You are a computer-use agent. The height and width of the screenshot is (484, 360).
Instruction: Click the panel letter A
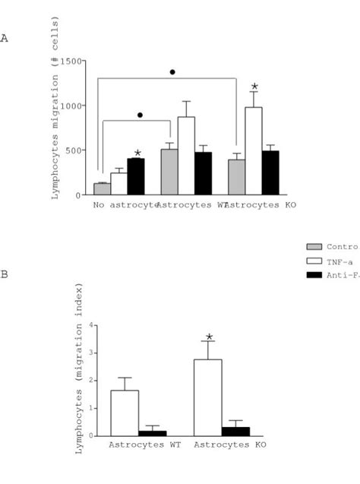click(5, 37)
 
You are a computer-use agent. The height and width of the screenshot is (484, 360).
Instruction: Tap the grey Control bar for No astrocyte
click(102, 189)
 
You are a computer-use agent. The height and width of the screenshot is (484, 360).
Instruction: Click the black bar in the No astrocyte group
click(136, 177)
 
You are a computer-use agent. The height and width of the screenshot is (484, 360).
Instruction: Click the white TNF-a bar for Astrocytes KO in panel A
click(254, 151)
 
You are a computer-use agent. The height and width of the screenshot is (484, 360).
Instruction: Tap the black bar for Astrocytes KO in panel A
click(271, 172)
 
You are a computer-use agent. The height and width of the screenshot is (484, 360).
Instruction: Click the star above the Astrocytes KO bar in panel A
click(254, 87)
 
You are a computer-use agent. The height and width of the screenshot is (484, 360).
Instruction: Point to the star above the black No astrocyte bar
click(137, 153)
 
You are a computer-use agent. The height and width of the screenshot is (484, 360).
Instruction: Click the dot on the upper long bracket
click(172, 72)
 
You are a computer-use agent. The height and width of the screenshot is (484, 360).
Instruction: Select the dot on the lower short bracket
click(140, 115)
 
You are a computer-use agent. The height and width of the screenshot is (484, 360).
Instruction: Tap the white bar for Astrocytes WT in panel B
click(124, 413)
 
